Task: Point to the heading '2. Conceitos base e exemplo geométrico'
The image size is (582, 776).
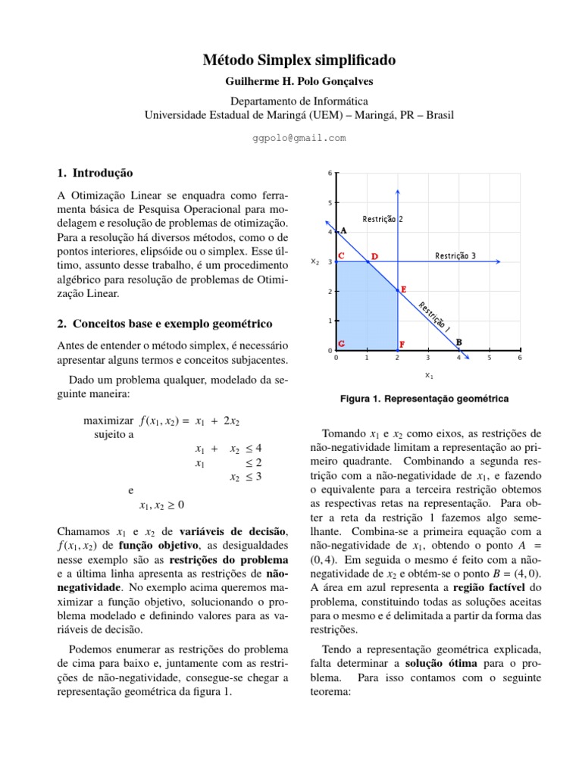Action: point(164,324)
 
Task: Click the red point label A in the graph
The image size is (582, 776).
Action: point(343,230)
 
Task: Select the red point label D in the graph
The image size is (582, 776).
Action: point(374,257)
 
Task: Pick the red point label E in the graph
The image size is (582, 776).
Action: point(404,289)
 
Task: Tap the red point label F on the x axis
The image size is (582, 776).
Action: point(402,343)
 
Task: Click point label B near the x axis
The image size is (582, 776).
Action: point(459,343)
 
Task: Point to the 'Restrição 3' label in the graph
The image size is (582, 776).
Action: point(455,255)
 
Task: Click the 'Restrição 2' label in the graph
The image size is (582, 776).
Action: point(382,219)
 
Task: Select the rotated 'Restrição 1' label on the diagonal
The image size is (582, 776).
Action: point(435,318)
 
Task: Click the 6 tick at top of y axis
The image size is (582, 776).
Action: point(329,174)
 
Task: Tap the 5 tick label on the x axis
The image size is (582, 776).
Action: point(489,358)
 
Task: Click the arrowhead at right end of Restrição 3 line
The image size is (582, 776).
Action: point(497,261)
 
